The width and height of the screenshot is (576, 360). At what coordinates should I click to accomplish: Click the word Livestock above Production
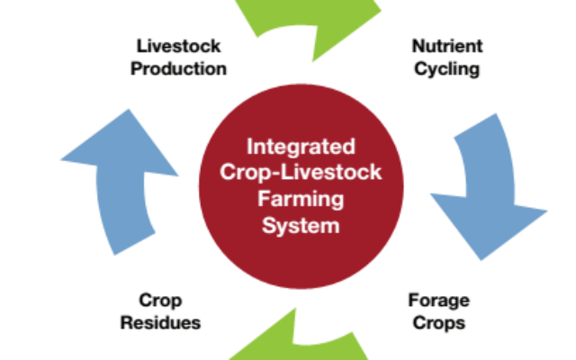click(178, 46)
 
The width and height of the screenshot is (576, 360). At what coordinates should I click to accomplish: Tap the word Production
click(178, 68)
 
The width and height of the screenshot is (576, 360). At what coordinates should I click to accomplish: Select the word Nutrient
click(447, 46)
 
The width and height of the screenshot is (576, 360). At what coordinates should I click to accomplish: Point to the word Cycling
click(446, 70)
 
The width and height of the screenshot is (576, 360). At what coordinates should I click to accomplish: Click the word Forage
click(438, 301)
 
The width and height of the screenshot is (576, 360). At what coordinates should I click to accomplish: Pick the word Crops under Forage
click(438, 324)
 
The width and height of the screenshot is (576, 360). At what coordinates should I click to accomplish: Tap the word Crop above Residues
click(160, 301)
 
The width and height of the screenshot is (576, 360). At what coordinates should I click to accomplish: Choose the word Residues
click(160, 323)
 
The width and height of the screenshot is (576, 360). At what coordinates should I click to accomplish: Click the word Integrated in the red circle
click(301, 148)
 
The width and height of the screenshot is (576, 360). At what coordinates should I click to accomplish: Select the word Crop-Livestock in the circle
click(301, 173)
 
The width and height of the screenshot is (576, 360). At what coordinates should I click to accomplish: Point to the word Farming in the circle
click(301, 200)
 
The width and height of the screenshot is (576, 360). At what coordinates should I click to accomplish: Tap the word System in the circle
click(301, 226)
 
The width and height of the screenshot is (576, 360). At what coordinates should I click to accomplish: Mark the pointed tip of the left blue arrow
click(129, 110)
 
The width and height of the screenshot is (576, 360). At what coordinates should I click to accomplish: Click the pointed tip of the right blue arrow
click(481, 260)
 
